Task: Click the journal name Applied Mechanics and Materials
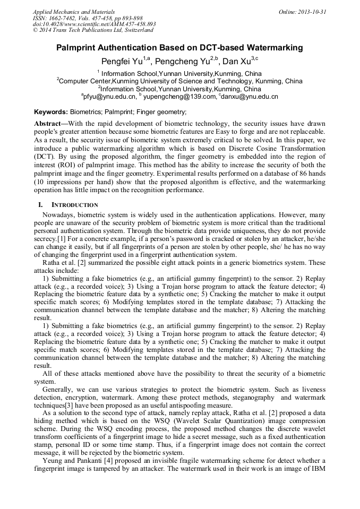click(74, 11)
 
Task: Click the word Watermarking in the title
click(272, 48)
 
